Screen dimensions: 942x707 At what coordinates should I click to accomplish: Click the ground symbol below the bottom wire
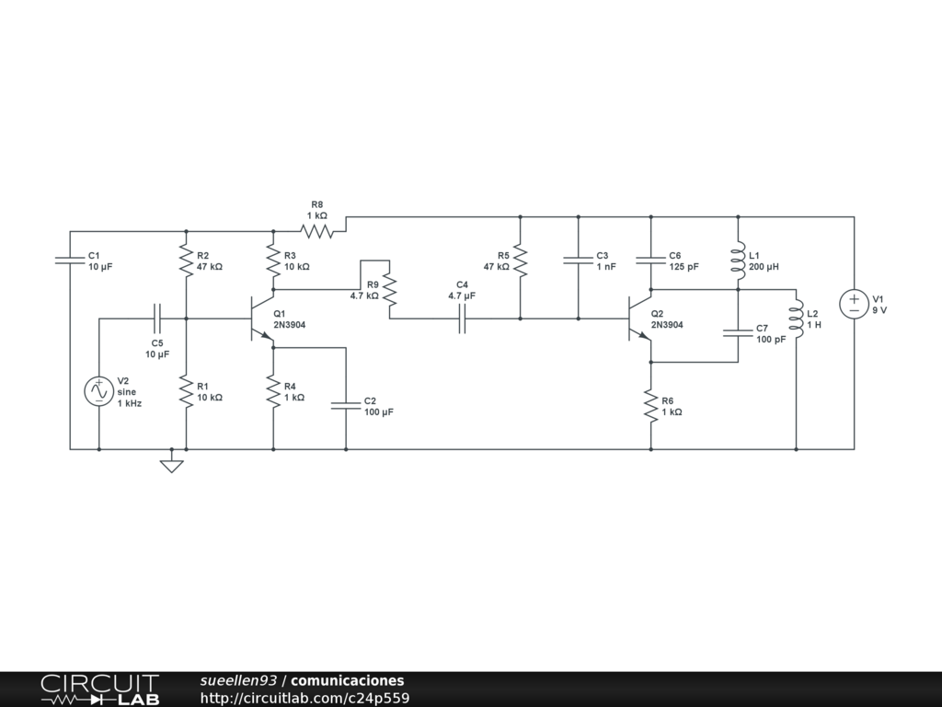coord(171,466)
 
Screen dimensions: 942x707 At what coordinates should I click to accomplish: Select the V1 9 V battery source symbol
coord(854,304)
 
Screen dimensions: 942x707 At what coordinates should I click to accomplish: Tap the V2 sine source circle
coord(99,391)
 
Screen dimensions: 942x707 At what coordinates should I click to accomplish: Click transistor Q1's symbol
coord(261,319)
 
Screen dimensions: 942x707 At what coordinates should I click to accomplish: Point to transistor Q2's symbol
coord(639,319)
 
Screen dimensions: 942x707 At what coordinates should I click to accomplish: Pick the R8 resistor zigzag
coord(316,231)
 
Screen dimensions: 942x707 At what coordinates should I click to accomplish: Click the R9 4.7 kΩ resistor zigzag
coord(389,290)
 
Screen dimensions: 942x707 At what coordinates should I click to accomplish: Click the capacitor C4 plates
coord(462,319)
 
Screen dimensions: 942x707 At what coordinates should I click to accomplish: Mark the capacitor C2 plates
coord(346,406)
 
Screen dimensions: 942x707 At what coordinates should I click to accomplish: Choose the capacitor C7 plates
coord(739,333)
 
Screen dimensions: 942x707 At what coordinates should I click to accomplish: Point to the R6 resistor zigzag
coord(650,406)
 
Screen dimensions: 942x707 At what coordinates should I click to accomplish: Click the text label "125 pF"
coord(684,267)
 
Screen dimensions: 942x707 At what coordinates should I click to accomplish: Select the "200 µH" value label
coord(764,267)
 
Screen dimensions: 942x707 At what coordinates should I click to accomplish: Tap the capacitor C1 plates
coord(70,261)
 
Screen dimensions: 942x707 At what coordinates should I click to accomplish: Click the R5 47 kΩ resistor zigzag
coord(521,261)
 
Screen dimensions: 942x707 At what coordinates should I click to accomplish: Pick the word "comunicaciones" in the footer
coord(347,680)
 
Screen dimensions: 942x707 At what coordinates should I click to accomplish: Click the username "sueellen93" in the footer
coord(238,680)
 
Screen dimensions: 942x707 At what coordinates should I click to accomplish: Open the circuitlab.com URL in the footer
coord(304,698)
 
